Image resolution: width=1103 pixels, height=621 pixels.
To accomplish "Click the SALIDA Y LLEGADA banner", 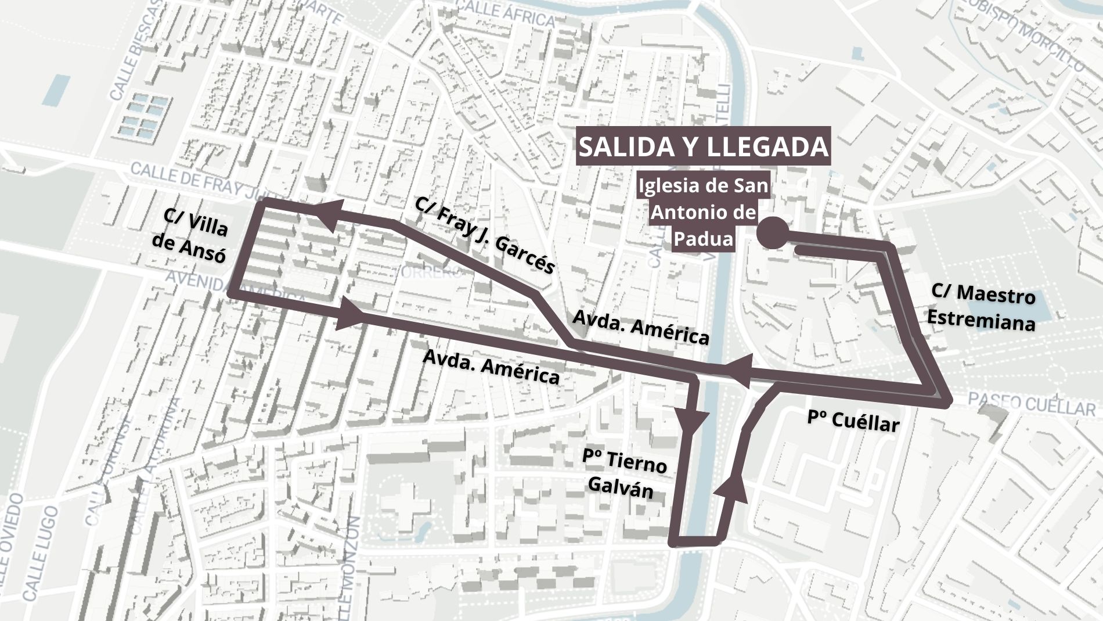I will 703,146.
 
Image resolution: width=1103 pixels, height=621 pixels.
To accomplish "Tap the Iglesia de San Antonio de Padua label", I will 704,212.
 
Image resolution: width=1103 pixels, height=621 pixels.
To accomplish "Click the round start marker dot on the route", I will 773,234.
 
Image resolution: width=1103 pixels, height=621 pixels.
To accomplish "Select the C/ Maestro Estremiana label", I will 982,307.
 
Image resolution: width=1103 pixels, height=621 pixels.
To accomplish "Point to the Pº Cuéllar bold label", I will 853,421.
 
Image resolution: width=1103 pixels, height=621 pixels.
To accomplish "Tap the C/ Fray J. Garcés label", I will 485,235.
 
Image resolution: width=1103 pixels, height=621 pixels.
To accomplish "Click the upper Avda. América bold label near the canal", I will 640,327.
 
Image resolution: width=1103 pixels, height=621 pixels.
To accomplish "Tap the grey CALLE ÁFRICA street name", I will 504,13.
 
